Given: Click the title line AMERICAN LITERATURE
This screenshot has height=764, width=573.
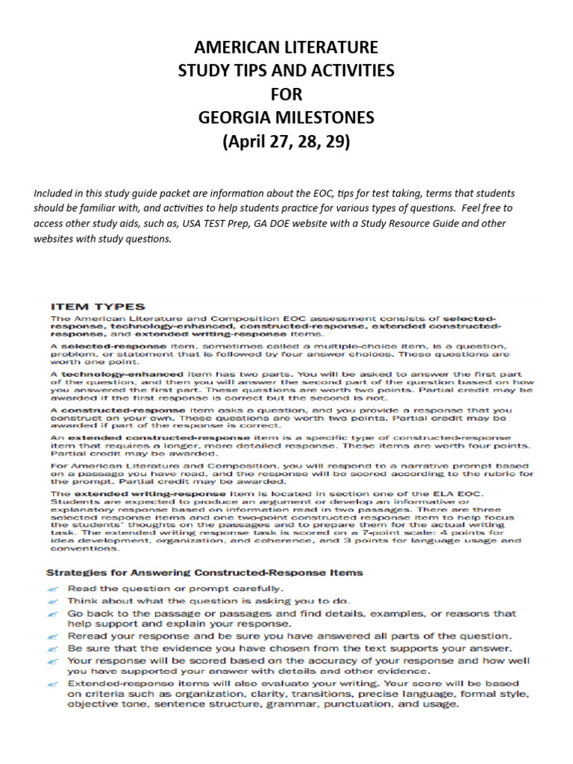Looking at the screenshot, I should point(286,48).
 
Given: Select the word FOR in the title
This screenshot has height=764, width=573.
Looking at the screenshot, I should point(286,95).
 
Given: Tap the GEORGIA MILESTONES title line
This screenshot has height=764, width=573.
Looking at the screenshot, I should point(286,118).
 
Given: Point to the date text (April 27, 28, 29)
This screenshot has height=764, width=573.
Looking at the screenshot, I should point(286,142).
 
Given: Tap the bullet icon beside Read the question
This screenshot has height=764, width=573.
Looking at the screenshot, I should point(53,589).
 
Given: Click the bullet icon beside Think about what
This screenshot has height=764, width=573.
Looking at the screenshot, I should point(53,601).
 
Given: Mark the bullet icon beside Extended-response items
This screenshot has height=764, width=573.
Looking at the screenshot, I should point(53,683).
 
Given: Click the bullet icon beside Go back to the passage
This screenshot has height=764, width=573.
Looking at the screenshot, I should point(53,613).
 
